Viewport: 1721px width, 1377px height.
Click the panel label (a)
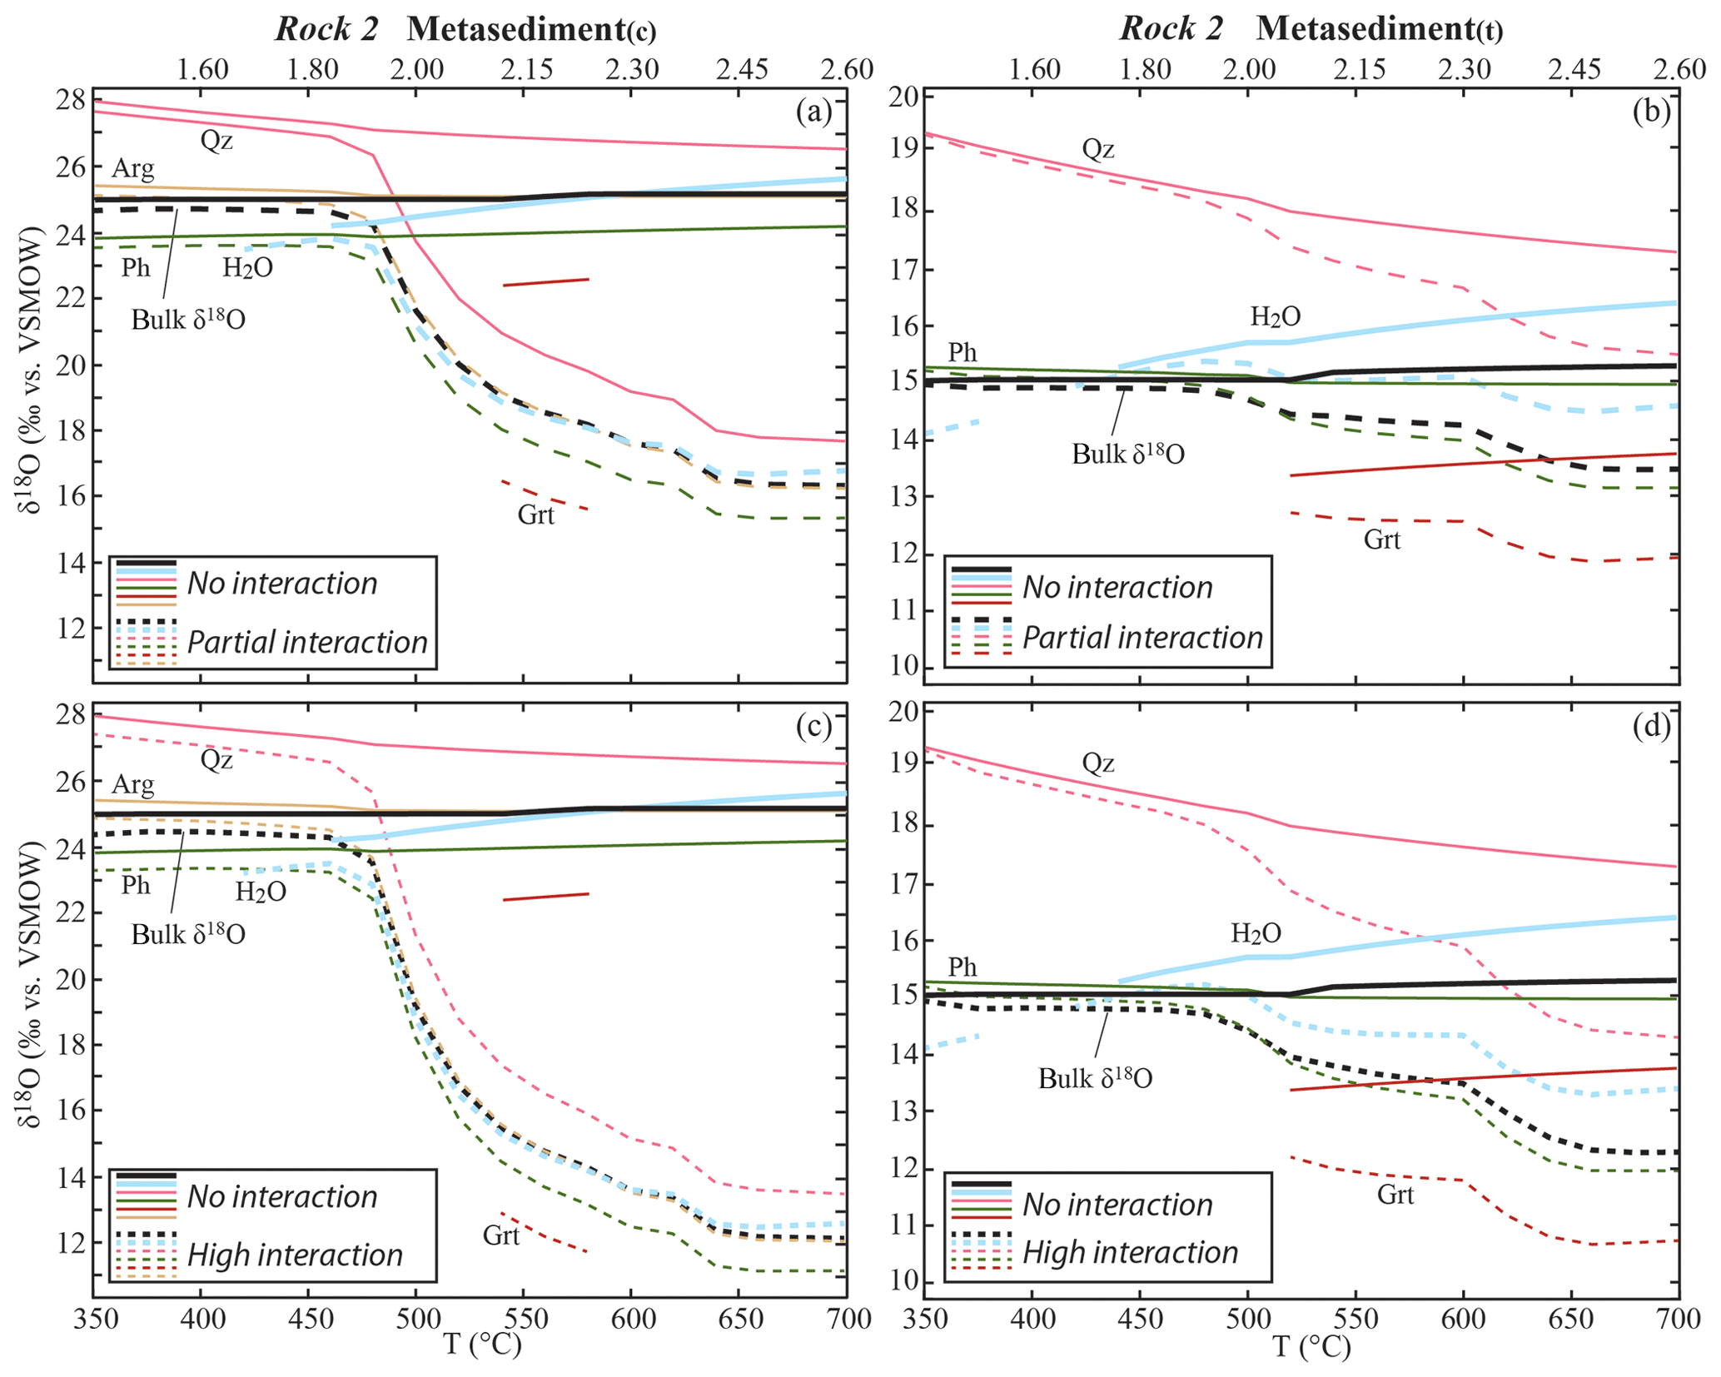point(813,112)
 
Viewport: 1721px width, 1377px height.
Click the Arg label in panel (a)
point(133,169)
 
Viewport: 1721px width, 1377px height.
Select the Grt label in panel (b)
point(1382,540)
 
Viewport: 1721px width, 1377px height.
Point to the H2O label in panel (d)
point(1256,934)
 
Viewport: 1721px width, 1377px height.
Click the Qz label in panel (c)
point(217,760)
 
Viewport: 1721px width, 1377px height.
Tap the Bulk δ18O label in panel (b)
point(1127,455)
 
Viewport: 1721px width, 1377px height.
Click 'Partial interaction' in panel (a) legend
point(307,643)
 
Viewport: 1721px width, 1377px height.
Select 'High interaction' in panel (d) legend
point(1131,1253)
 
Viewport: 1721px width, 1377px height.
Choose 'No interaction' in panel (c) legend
point(282,1197)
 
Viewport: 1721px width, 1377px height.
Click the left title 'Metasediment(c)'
point(531,30)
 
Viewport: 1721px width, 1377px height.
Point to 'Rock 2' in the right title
point(1171,29)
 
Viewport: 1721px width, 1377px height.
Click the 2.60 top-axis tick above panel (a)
point(848,69)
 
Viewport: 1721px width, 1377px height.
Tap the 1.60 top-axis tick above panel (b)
point(1034,69)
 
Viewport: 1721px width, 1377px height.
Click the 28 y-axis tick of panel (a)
point(74,102)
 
